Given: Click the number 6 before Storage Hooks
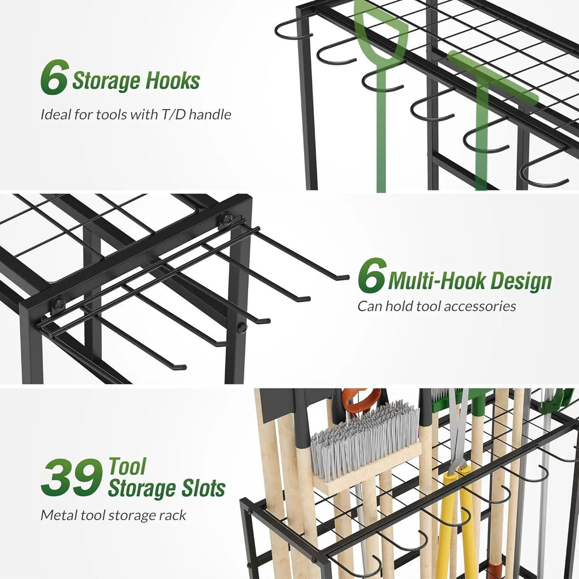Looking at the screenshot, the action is tap(55, 77).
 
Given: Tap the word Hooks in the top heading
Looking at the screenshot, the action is tap(173, 81).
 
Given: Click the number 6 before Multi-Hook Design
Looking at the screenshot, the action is tap(372, 275).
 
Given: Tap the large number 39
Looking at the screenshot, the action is tap(72, 477).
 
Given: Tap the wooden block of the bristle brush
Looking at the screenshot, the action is tap(369, 469).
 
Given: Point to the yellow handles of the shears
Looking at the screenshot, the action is tap(453, 524).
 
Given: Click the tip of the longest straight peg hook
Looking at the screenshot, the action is tap(347, 276).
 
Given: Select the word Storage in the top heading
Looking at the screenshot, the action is tap(106, 81).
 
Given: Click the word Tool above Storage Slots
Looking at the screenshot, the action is tap(127, 466).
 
